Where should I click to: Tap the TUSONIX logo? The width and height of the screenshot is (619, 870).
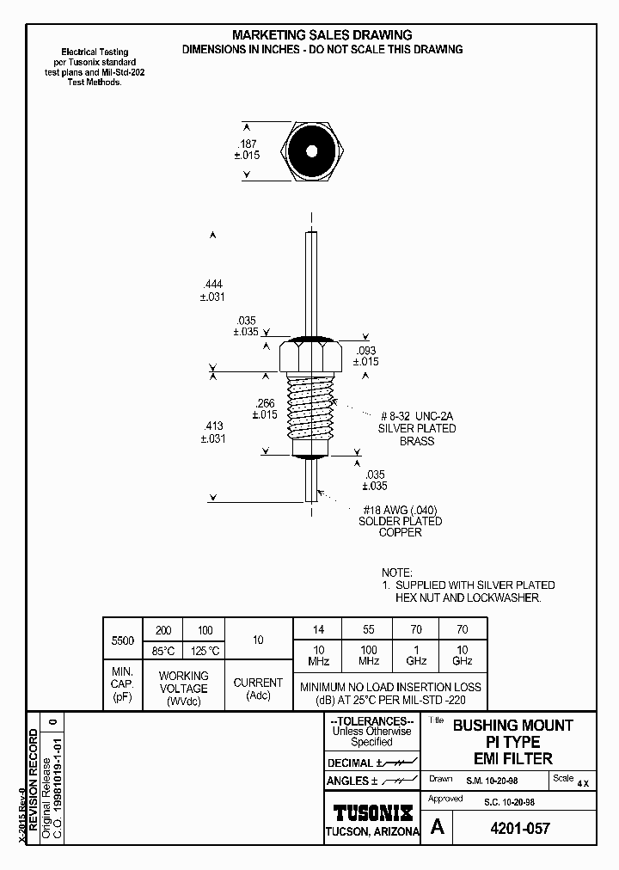tap(372, 812)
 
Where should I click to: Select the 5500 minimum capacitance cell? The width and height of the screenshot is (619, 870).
tap(123, 640)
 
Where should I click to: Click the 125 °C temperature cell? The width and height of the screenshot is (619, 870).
tap(205, 651)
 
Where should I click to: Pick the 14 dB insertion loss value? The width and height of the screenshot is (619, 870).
tap(317, 629)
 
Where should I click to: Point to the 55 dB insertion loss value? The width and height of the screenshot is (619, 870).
tap(367, 629)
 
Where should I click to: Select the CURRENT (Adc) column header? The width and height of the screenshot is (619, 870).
tap(258, 689)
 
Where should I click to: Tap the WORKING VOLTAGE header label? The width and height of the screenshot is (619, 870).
tap(183, 683)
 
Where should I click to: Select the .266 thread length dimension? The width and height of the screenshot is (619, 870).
tap(265, 402)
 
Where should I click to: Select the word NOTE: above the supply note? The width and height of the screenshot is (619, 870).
tap(397, 573)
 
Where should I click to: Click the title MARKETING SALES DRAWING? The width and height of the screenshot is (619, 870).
tap(322, 35)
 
